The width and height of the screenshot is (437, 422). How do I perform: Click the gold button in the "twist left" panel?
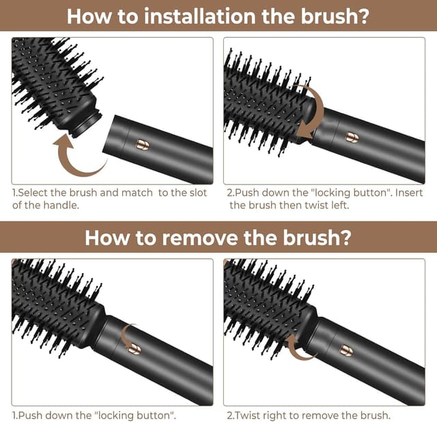tap(353, 138)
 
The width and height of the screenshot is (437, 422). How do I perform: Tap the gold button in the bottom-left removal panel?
tap(135, 348)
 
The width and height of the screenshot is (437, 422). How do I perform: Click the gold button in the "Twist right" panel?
tap(348, 350)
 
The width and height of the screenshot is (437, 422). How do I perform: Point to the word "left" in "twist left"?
tap(339, 206)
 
